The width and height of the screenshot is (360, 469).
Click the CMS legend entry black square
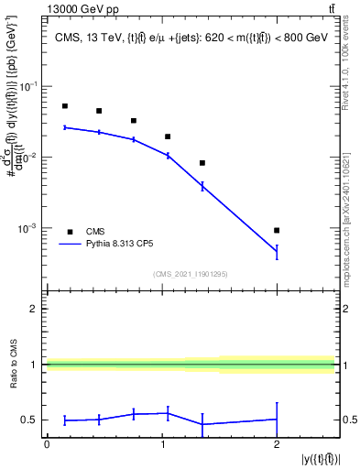pyautogui.click(x=70, y=232)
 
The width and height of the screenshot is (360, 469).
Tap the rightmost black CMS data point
pyautogui.click(x=277, y=230)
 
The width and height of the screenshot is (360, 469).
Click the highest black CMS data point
pyautogui.click(x=64, y=106)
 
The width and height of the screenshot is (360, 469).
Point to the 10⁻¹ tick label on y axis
pyautogui.click(x=29, y=86)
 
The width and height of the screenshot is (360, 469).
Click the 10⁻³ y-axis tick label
pyautogui.click(x=29, y=228)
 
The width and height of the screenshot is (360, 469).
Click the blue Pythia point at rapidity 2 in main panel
pyautogui.click(x=277, y=251)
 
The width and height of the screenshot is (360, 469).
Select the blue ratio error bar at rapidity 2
pyautogui.click(x=277, y=420)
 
